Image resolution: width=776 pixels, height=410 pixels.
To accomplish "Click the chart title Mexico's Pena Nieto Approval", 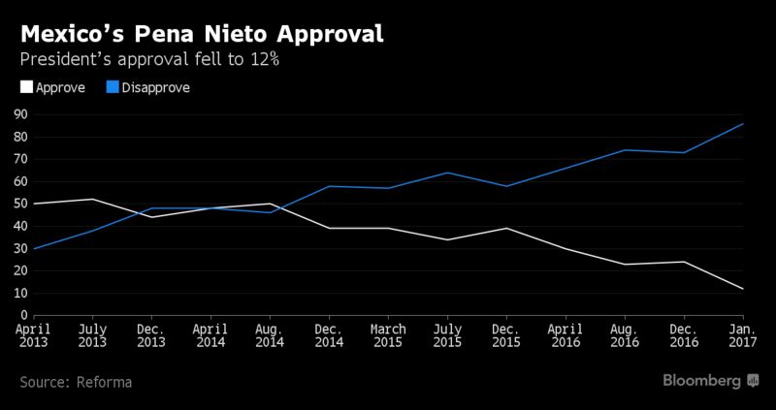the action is pos(202,35).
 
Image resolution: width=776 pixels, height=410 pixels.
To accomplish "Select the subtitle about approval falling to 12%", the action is pos(149,60).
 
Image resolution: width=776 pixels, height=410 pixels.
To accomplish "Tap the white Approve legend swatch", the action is pos(27,87).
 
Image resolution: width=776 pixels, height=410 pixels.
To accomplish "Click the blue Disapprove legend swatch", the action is pos(113,87).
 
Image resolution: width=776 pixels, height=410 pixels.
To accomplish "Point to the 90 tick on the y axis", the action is pos(20,114).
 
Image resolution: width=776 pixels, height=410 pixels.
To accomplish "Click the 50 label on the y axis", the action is pos(20,205).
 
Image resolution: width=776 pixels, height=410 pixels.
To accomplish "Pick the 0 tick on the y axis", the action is pos(23,316).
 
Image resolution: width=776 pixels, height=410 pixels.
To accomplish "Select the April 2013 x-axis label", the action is pos(34,335).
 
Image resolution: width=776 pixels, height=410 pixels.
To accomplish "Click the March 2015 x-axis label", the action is pos(389,335).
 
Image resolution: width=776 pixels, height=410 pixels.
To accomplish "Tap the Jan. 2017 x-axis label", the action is pos(743,335).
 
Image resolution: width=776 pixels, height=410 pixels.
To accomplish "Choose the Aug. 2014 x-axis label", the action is pos(270,335).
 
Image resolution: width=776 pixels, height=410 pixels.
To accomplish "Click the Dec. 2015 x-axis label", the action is pos(506,335).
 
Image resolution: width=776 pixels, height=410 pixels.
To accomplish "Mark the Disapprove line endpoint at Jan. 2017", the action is pos(743,124).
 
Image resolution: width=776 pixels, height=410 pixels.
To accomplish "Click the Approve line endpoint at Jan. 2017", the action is pos(743,289).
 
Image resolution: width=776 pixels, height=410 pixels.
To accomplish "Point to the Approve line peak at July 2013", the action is pos(92,200).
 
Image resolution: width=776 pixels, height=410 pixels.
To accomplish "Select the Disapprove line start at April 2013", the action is pos(34,248).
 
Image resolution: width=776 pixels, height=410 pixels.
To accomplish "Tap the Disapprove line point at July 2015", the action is pos(447,173).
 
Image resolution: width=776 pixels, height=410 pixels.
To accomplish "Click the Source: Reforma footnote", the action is pos(77,382).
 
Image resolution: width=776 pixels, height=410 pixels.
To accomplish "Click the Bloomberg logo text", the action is pos(701,380).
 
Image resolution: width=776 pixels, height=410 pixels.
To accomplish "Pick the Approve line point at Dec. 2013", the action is pos(152,217).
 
